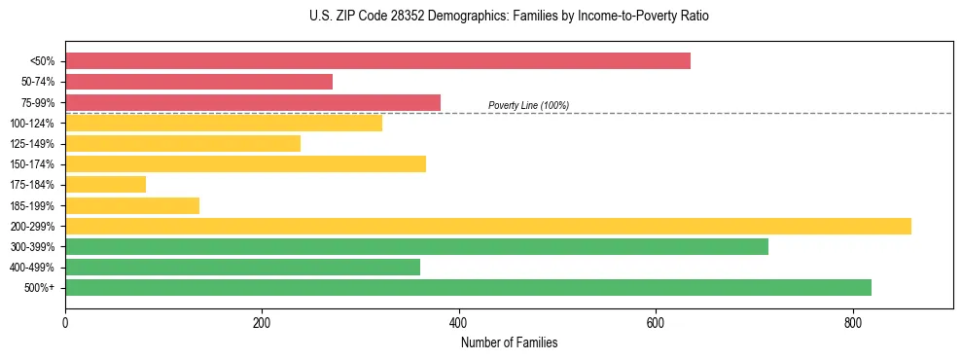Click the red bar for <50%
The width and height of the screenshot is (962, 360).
coord(377,61)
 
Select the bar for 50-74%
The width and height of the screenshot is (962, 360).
coord(198,82)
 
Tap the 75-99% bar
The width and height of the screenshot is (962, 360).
coord(253,102)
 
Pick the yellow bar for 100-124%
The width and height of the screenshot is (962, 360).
coord(224,123)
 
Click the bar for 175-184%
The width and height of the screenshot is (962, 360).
coord(105,184)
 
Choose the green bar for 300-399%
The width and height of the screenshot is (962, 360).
coord(416,246)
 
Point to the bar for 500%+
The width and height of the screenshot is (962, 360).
coord(468,287)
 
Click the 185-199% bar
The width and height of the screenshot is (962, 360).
coord(132,205)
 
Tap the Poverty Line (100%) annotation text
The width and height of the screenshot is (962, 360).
coord(528,105)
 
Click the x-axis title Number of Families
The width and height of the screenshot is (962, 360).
coord(509,342)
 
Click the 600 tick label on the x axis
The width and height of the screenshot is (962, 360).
coord(656,322)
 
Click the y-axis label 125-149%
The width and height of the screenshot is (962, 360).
coord(37,144)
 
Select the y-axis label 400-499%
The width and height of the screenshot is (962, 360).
coord(37,268)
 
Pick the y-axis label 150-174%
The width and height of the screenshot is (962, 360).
coord(37,164)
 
